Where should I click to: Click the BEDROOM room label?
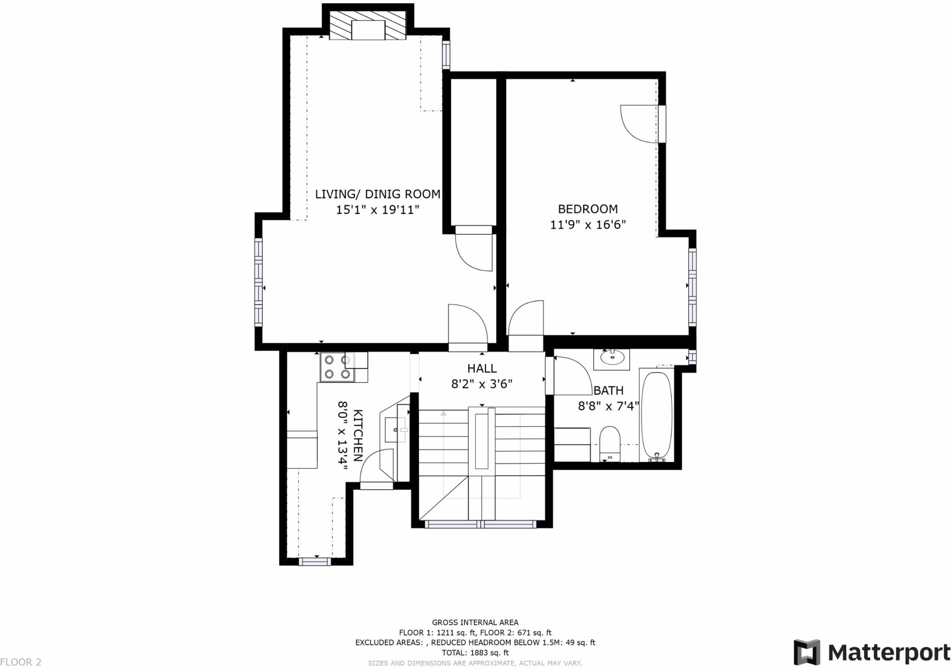(x=587, y=209)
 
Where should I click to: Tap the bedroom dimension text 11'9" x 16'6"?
(x=588, y=225)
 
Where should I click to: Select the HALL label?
(x=482, y=369)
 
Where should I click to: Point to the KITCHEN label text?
(x=358, y=435)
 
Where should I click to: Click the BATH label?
(x=608, y=391)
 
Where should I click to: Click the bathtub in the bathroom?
(x=656, y=415)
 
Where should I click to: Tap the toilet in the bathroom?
(x=610, y=442)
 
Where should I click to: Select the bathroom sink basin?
(x=612, y=357)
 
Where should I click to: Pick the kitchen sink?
(x=395, y=430)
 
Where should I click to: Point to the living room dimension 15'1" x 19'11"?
(x=378, y=210)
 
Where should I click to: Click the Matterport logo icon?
(x=807, y=652)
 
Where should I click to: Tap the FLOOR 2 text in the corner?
(x=21, y=662)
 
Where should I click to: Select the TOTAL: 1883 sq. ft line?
(x=475, y=653)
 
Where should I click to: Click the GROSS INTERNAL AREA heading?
(x=475, y=623)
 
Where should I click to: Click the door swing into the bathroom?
(x=569, y=376)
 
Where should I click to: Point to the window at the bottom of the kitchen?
(x=315, y=562)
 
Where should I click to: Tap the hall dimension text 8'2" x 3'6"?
(x=482, y=384)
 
